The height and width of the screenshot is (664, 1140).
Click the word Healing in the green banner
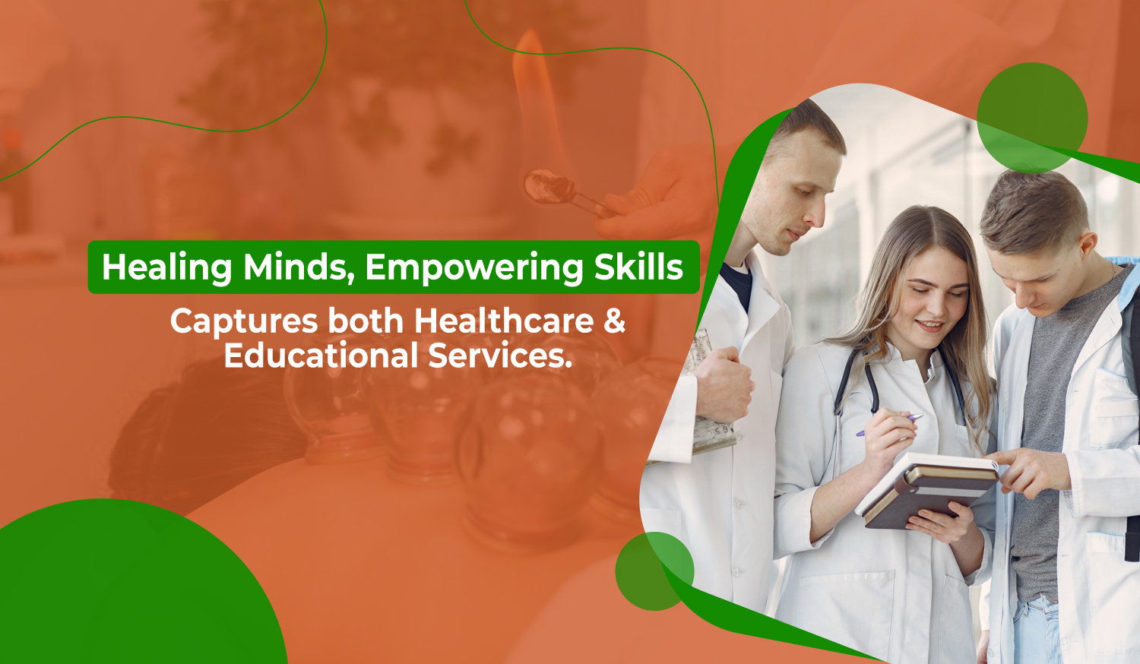point(167,268)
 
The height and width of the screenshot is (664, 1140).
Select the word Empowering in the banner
point(474,268)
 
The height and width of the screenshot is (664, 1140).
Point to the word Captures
point(244,322)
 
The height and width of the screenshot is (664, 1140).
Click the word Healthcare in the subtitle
point(504,321)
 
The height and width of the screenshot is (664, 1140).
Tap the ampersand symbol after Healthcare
point(615,321)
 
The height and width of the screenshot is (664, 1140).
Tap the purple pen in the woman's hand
point(889,425)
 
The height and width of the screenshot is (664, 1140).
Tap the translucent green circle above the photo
point(1031,118)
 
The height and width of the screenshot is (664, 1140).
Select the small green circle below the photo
point(654,571)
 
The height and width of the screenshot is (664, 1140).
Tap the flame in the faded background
point(534,92)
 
